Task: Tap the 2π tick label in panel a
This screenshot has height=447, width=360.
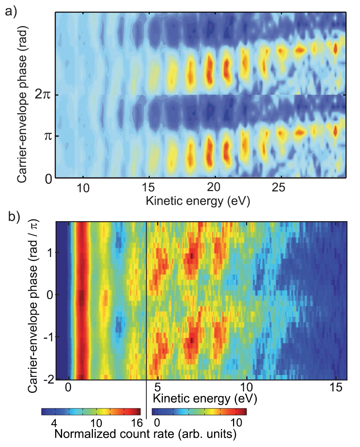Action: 43,95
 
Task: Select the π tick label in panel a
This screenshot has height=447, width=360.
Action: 48,136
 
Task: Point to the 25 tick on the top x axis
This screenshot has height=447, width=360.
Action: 279,187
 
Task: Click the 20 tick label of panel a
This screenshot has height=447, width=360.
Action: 214,187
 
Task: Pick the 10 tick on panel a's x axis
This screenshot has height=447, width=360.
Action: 83,187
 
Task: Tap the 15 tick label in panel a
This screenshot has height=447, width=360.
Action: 148,187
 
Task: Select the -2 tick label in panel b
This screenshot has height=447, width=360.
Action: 49,379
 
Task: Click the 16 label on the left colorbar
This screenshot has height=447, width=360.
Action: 137,423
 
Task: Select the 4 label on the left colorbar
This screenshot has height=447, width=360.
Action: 54,423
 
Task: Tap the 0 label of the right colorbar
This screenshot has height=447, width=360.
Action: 157,423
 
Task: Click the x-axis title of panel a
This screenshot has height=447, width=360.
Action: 198,201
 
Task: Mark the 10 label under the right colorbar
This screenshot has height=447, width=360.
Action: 236,423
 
